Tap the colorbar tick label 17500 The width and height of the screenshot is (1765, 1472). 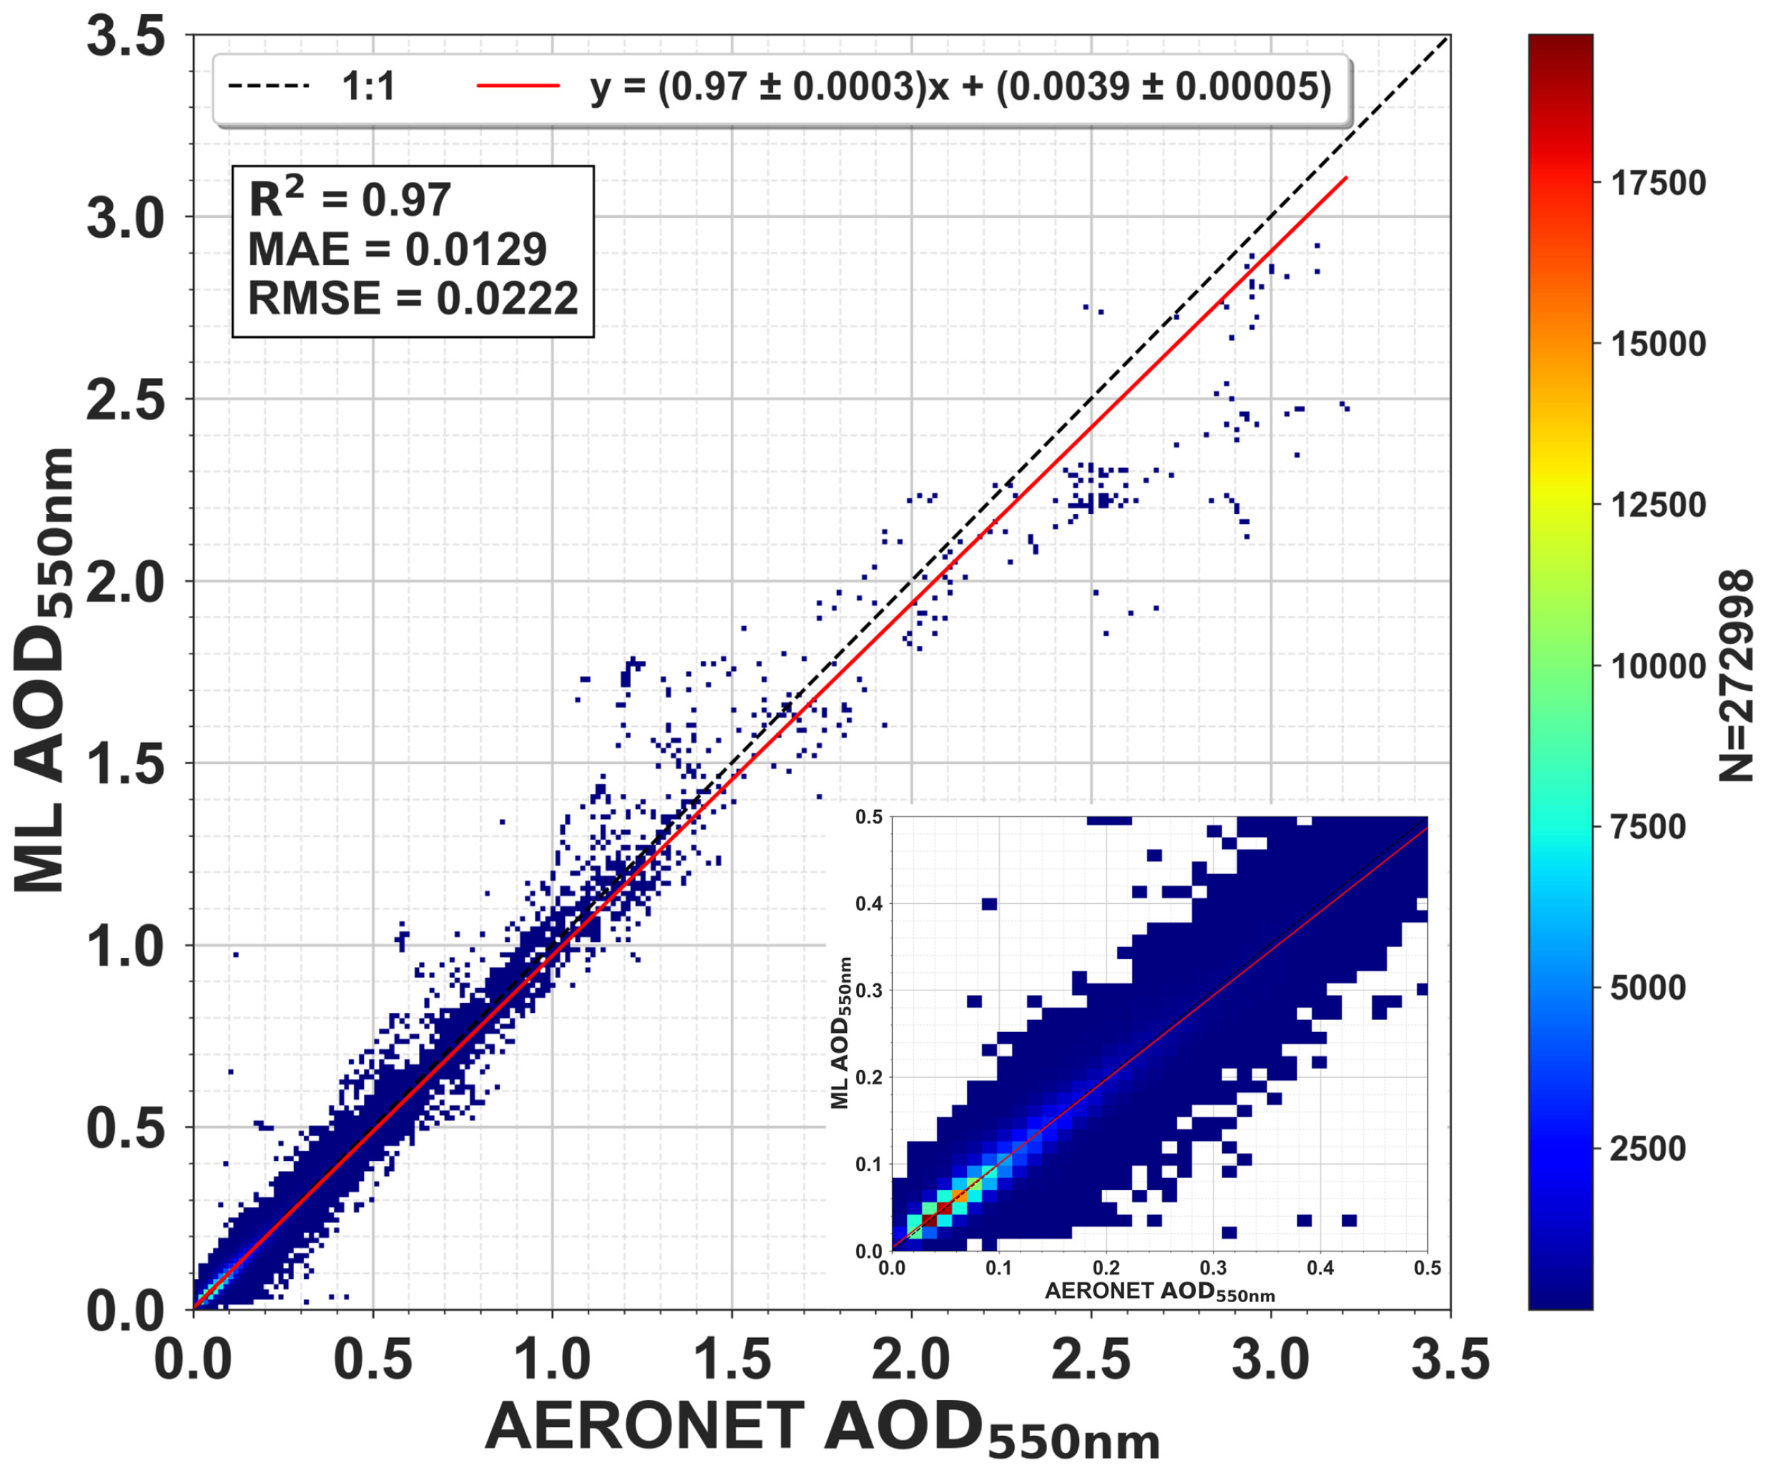(1657, 183)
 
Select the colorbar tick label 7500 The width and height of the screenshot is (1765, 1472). (1647, 827)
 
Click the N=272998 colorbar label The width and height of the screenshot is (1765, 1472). (1735, 676)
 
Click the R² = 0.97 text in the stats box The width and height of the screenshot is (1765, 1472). (350, 200)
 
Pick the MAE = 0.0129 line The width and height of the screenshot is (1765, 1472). (397, 250)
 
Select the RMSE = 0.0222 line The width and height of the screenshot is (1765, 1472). (413, 298)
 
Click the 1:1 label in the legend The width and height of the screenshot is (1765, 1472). (368, 87)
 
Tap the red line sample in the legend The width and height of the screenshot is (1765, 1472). (518, 86)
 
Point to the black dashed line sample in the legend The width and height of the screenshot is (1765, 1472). (269, 86)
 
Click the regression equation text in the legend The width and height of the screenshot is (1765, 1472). (960, 87)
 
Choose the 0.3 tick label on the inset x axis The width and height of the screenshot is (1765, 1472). (1213, 1268)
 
